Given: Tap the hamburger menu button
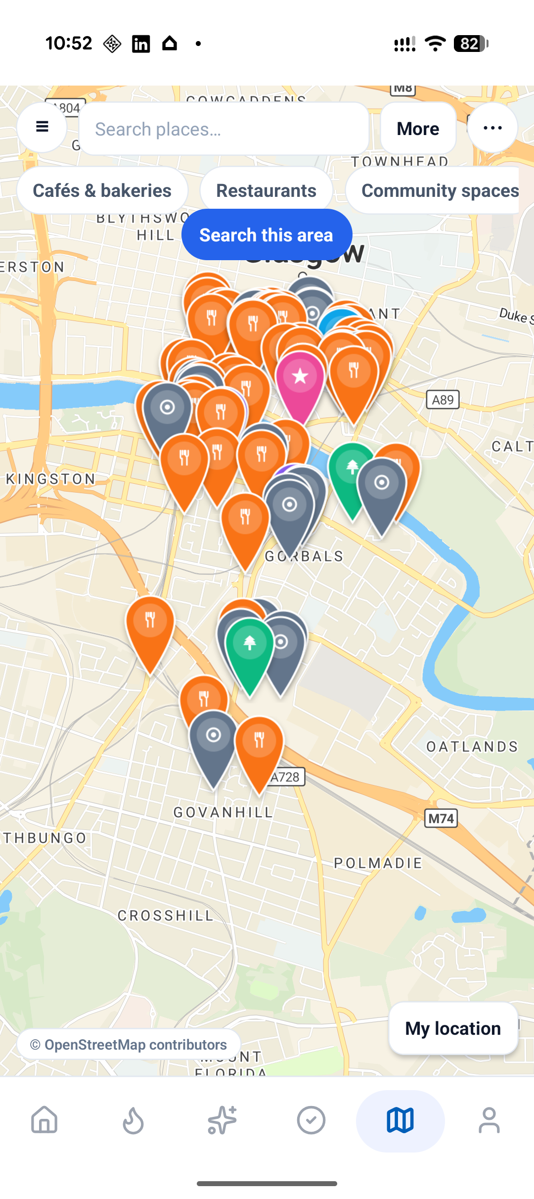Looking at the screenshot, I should pos(42,128).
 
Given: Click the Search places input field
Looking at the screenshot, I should pos(223,129).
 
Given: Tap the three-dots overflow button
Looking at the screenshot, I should pos(492,128).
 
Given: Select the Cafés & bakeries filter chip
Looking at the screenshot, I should pos(102,190).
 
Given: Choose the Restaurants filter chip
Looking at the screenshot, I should pos(266,190).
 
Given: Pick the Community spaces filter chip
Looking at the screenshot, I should pos(439,190).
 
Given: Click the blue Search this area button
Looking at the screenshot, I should pos(267,235).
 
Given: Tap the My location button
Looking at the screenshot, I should pos(453,1028).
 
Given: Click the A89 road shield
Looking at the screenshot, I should pos(443,400).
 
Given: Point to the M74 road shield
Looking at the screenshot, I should pos(441,819).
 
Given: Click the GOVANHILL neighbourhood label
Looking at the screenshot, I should pos(223,812).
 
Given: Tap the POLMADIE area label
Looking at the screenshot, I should pos(378,863).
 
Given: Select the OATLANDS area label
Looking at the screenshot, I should pos(472,746).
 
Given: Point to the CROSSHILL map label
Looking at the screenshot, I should pos(166,916).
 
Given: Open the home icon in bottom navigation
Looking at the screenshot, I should pos(44,1120).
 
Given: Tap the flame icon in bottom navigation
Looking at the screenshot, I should pos(133,1120).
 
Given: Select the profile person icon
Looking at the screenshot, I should pos(489,1120).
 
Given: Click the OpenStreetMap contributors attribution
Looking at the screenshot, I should pos(129,1044).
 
